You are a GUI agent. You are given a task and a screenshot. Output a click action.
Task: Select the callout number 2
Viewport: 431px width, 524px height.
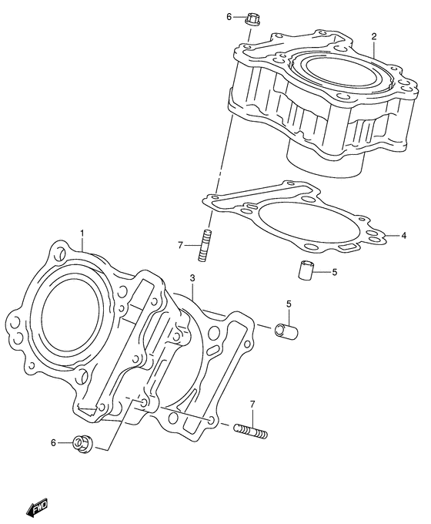point(373,36)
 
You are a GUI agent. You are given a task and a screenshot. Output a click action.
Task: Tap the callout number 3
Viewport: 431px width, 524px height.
point(193,278)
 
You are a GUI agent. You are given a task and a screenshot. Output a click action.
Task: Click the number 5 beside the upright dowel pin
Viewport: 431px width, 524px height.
point(334,271)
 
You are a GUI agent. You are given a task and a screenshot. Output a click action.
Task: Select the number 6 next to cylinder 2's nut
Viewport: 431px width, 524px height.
point(229,15)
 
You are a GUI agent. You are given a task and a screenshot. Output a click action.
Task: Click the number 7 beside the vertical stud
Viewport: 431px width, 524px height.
point(180,245)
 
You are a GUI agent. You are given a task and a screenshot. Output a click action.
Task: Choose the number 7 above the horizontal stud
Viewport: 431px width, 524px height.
point(252,405)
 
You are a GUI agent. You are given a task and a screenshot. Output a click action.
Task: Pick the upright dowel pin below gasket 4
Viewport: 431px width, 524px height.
point(306,271)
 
